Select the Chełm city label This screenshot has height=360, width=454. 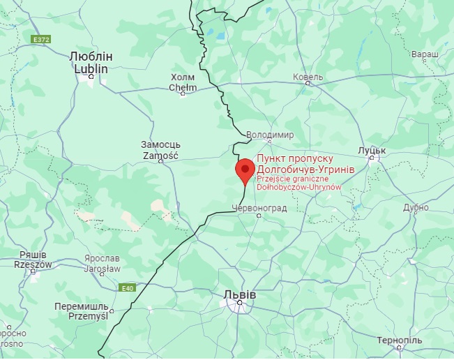(x=183, y=82)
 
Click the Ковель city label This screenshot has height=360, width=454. (x=308, y=76)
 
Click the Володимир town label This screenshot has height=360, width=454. (x=270, y=135)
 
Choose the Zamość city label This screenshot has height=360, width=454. (x=160, y=151)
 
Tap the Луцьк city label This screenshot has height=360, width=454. (x=372, y=149)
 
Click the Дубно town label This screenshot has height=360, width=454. (x=416, y=208)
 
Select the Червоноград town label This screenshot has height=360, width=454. (x=257, y=207)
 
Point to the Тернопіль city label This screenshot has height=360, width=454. (x=398, y=339)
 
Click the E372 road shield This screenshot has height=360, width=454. (x=41, y=40)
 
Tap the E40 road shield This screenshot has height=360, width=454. (x=126, y=287)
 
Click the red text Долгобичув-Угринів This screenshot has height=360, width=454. (x=305, y=169)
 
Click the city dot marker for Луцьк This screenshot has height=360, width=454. (x=372, y=158)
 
